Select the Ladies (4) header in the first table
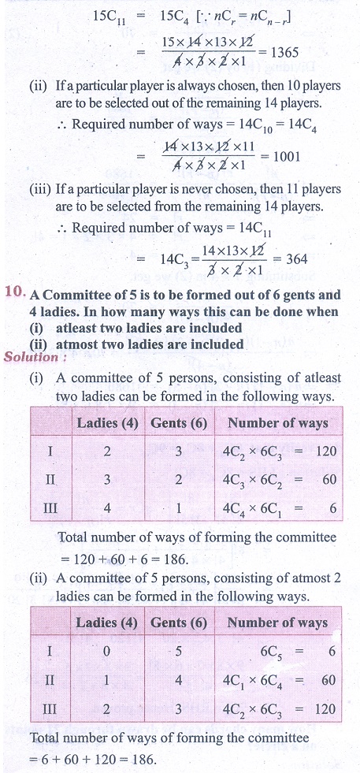(x=107, y=423)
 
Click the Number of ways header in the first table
(x=277, y=423)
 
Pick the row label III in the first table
(x=50, y=508)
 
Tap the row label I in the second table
(x=49, y=651)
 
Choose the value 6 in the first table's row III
(x=333, y=508)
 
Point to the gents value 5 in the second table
(x=178, y=651)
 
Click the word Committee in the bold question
(x=76, y=295)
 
